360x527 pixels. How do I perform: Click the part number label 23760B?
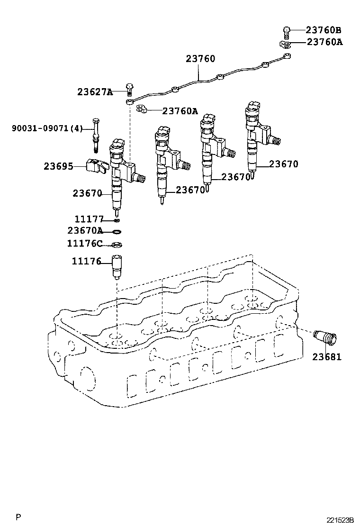click(x=324, y=30)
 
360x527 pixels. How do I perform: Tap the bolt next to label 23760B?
click(x=286, y=31)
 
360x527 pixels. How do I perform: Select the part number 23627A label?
click(x=95, y=92)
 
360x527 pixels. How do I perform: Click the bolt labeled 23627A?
click(x=129, y=89)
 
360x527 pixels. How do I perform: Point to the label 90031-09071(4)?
click(x=47, y=128)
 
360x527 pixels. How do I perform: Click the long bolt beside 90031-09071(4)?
click(x=97, y=135)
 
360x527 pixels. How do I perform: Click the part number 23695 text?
click(x=58, y=166)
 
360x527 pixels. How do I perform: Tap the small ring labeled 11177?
click(x=117, y=220)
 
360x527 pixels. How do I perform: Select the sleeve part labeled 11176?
click(x=117, y=267)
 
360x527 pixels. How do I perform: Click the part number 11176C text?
click(x=84, y=243)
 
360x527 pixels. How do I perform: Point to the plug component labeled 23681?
click(x=325, y=339)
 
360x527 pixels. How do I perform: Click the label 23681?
click(x=326, y=356)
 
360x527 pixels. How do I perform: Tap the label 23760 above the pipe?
click(x=200, y=59)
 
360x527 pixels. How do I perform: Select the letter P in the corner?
click(x=18, y=517)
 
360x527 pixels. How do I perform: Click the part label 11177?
click(x=89, y=219)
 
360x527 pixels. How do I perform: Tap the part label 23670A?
click(x=85, y=231)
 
